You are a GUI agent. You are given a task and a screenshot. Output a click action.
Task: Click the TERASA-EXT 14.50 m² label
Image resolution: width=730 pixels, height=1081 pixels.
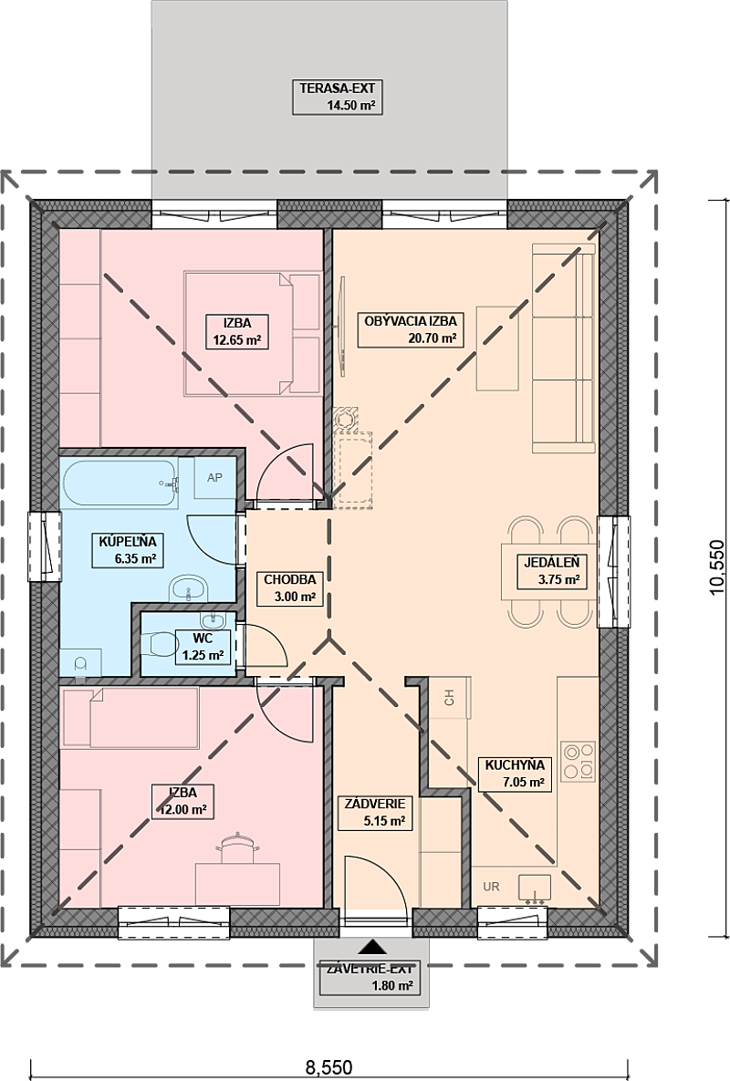337,98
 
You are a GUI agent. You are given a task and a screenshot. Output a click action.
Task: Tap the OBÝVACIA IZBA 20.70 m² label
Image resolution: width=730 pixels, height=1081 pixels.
410,329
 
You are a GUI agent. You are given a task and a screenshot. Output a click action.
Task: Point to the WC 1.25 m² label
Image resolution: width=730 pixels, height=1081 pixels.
203,647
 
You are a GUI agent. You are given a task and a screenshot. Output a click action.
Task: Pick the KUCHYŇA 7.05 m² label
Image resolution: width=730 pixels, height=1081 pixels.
515,774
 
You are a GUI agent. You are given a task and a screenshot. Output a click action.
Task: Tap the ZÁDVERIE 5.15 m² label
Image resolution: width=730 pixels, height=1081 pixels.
374,813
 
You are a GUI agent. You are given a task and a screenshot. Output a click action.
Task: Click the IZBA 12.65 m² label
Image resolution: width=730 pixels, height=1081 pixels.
236,331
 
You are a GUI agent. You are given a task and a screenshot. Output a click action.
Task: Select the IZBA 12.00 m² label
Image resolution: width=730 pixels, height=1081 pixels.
182,801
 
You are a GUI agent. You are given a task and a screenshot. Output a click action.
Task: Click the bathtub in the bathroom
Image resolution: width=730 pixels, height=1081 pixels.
120,483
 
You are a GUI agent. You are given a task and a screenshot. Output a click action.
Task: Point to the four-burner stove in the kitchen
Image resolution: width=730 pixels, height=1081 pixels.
578,761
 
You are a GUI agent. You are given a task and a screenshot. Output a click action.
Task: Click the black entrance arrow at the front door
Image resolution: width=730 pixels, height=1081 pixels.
372,947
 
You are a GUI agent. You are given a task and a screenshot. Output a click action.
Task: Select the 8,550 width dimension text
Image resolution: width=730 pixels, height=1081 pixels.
328,1068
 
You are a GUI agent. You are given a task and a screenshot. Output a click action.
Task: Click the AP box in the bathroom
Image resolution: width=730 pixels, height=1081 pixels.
215,477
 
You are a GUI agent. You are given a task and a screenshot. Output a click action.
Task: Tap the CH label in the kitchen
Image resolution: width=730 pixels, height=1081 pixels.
450,698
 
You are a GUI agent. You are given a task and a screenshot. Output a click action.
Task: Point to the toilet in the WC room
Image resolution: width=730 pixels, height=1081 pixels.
160,644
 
